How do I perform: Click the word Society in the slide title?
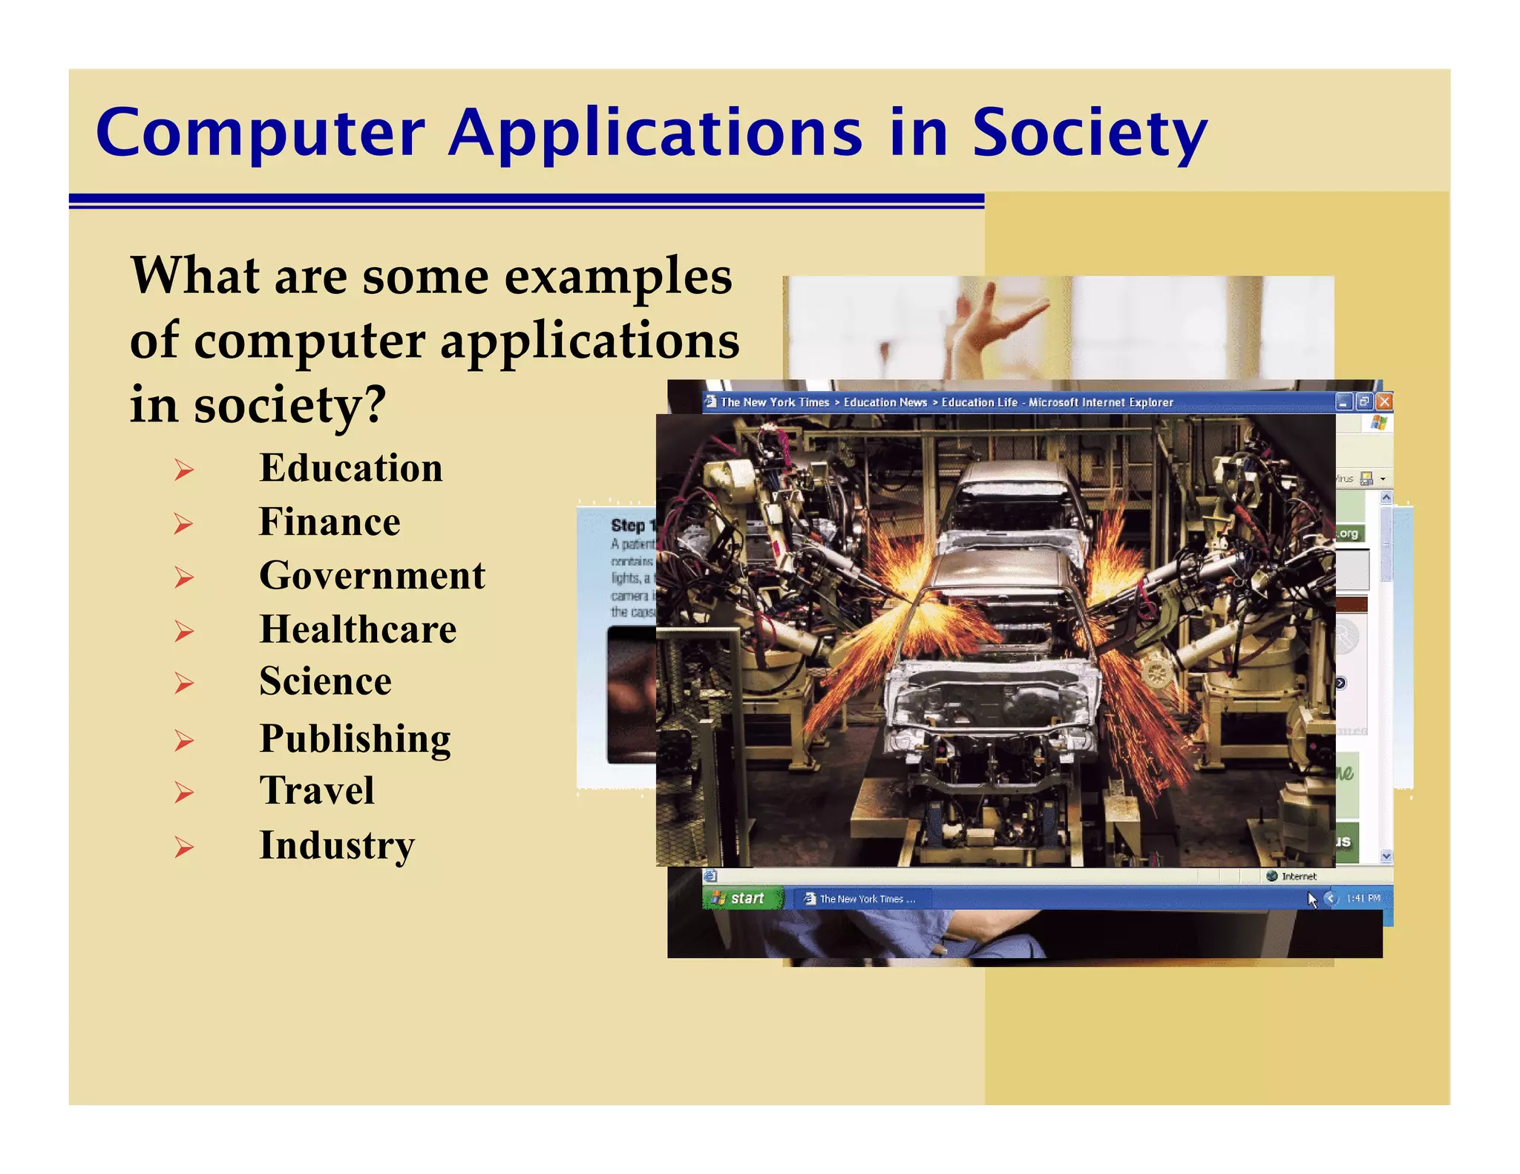click(x=1089, y=134)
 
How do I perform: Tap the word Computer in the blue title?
click(x=260, y=134)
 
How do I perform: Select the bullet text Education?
click(x=350, y=468)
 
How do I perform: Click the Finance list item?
click(x=330, y=522)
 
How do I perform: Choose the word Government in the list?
click(x=372, y=576)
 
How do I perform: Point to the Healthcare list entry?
click(x=358, y=629)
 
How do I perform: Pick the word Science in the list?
click(x=325, y=681)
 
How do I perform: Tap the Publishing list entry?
click(x=355, y=738)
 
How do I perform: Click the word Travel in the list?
click(x=317, y=790)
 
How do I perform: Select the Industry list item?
click(x=337, y=845)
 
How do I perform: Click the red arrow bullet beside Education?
click(x=183, y=470)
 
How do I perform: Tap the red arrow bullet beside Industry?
click(x=183, y=847)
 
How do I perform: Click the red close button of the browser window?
click(x=1383, y=402)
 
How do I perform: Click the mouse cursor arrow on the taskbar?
click(x=1311, y=899)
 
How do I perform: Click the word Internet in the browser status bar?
click(x=1298, y=876)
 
